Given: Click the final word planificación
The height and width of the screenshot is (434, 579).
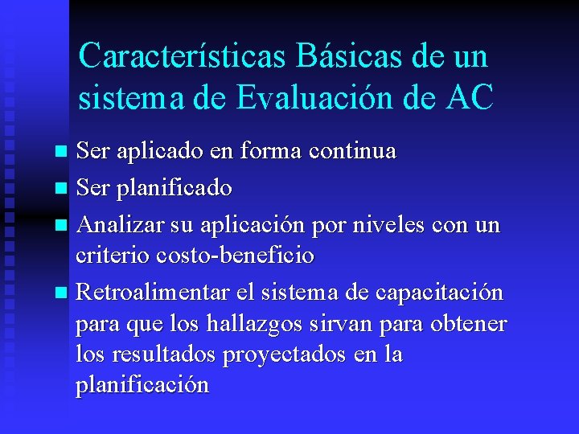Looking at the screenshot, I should pyautogui.click(x=142, y=386).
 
